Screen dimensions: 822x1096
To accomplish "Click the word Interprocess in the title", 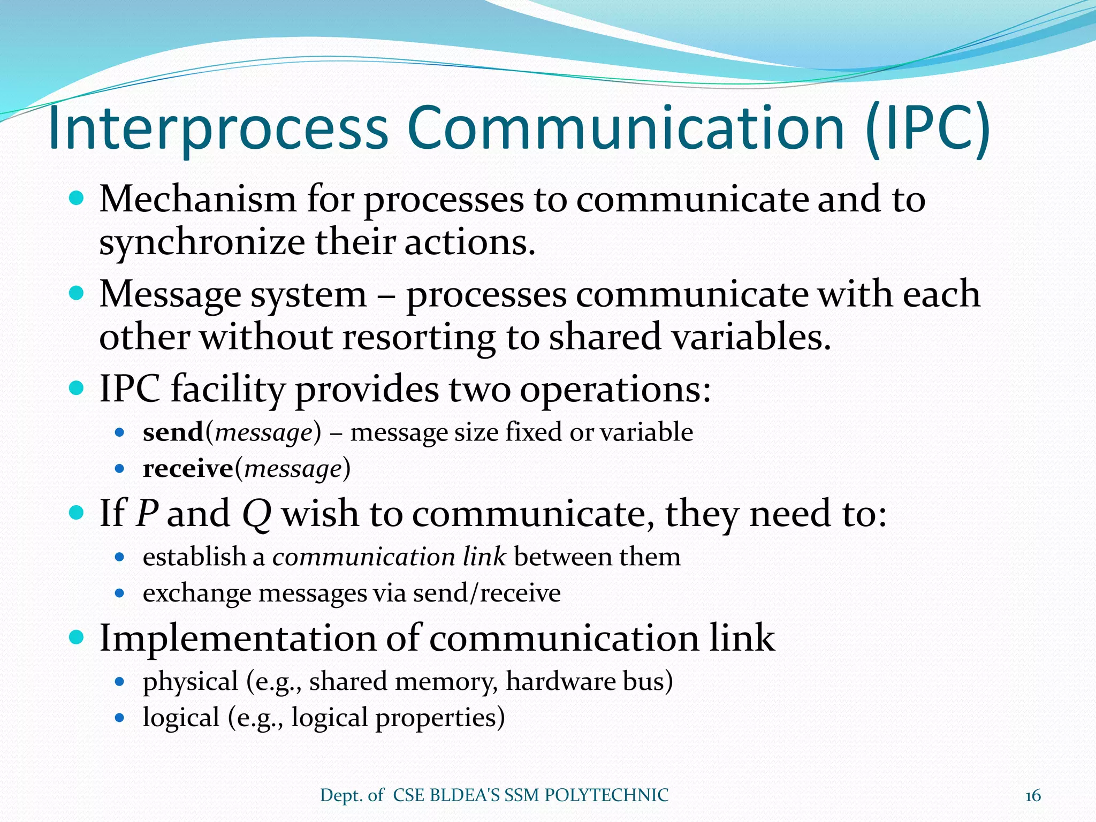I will (218, 128).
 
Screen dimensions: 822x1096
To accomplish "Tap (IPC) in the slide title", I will (927, 128).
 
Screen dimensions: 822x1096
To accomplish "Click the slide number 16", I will (1033, 796).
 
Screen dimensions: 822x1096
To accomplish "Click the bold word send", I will (173, 432).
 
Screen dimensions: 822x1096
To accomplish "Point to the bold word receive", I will (188, 469).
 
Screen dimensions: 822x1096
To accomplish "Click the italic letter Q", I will (257, 514).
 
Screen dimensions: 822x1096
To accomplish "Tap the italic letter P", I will (146, 513).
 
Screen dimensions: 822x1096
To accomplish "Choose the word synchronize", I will (202, 242).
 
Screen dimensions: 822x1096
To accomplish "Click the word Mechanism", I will (197, 199).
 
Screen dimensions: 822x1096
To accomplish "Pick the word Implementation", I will (238, 638).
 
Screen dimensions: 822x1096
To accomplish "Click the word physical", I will (190, 682).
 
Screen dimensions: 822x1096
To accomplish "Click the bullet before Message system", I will (77, 293).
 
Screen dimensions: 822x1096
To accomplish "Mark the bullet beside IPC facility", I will (77, 387).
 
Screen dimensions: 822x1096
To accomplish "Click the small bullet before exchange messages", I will (120, 593).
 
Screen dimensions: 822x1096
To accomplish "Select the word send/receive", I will (487, 593).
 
